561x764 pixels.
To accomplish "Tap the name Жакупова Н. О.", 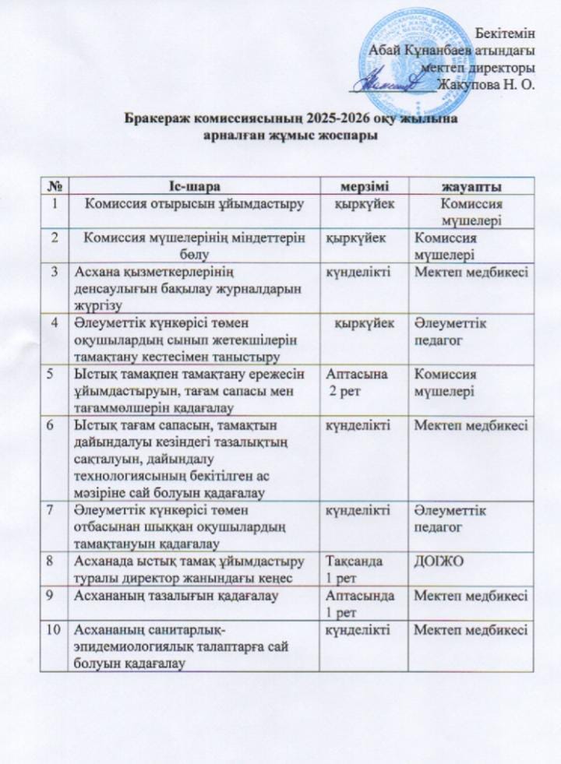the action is (486, 84).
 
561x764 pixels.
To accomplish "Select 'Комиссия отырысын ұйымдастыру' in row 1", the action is (192, 205).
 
